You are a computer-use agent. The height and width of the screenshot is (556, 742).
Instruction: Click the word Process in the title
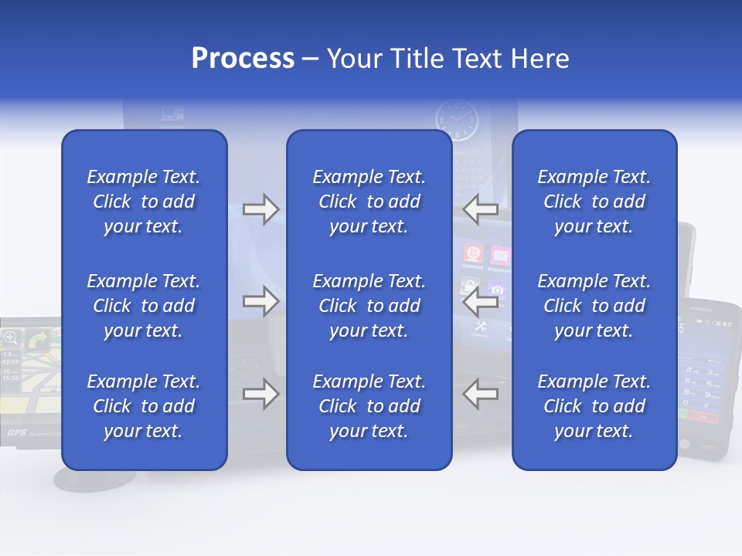[243, 59]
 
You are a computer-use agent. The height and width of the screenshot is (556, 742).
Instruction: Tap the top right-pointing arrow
[260, 209]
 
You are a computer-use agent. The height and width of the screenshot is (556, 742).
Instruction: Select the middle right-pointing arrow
[260, 301]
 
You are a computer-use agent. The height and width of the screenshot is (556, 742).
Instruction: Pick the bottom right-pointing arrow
[260, 394]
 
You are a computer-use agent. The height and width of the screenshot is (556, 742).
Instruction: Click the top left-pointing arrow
[481, 209]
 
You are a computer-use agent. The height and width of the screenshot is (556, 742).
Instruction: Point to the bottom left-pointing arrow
[481, 394]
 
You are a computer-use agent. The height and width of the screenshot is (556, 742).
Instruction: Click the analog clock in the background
[457, 121]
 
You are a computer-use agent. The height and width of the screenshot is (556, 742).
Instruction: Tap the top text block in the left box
[144, 202]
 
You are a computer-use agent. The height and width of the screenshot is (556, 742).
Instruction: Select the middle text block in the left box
[144, 306]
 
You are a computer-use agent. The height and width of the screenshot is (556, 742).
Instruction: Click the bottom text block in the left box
[144, 406]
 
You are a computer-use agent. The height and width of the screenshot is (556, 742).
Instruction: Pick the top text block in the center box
[369, 202]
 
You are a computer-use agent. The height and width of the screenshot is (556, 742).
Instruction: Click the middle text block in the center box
[369, 306]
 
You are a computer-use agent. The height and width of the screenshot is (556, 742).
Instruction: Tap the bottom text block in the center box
[369, 406]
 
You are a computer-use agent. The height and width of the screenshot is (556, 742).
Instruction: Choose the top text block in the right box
[594, 202]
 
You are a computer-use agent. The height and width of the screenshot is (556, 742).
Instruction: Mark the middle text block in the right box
[594, 306]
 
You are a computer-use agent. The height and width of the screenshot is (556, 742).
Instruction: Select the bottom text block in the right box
[594, 406]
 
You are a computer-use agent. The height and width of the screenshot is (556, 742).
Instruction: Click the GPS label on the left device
[17, 432]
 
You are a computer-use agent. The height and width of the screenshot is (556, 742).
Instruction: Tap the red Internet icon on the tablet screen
[472, 254]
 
